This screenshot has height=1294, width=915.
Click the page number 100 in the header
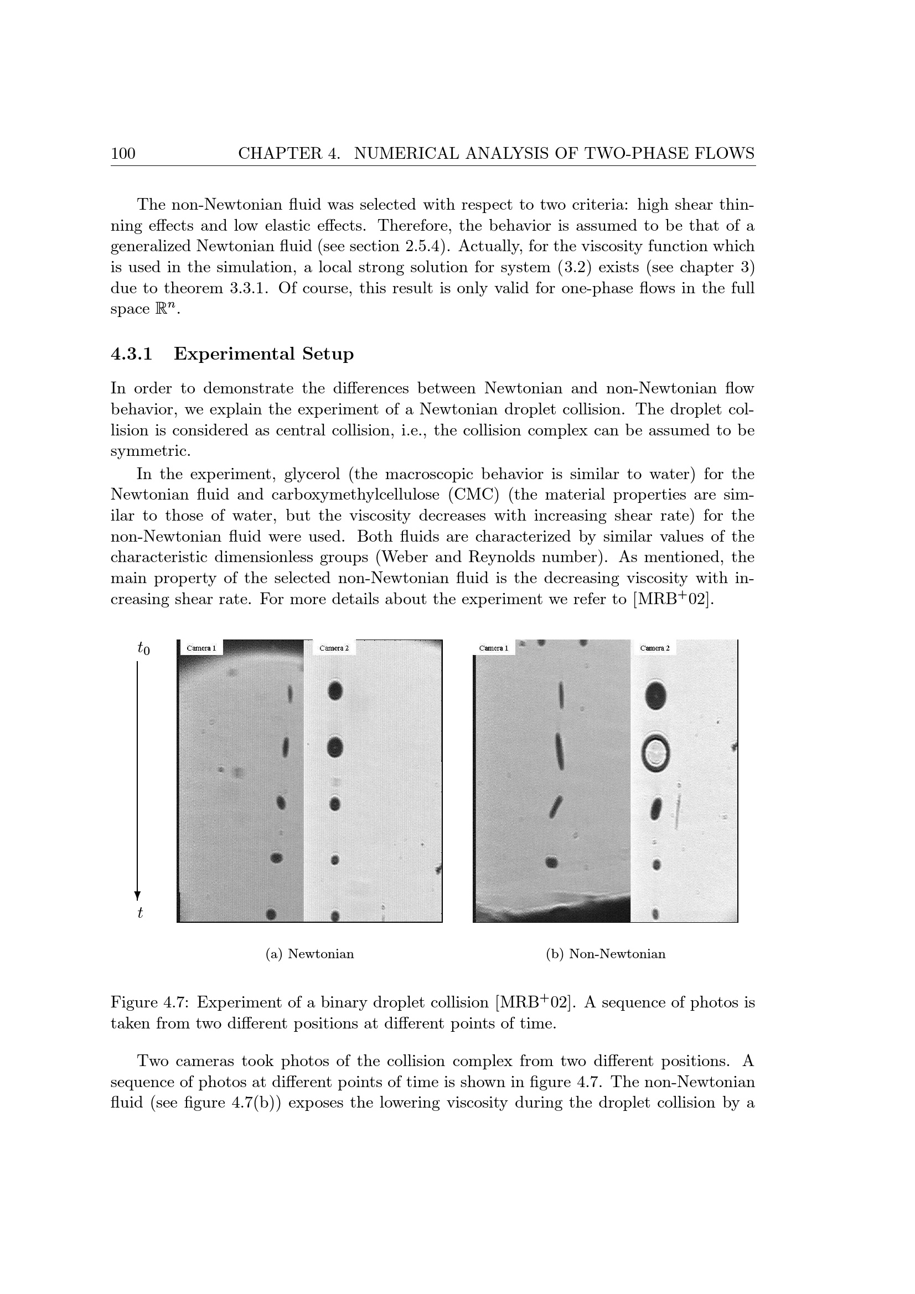click(123, 153)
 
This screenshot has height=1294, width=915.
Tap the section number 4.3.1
click(131, 354)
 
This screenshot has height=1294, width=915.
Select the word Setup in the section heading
click(328, 355)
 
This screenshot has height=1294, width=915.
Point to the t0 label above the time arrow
click(144, 649)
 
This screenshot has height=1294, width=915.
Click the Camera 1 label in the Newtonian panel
click(201, 648)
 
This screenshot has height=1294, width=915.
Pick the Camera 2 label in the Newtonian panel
click(334, 648)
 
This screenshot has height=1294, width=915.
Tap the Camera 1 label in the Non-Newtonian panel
click(493, 648)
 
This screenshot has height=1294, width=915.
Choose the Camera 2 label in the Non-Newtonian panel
click(654, 648)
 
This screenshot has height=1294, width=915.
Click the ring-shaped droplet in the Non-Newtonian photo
click(655, 753)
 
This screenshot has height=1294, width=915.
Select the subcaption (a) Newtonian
click(309, 954)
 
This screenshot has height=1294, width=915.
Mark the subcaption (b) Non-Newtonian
click(606, 954)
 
